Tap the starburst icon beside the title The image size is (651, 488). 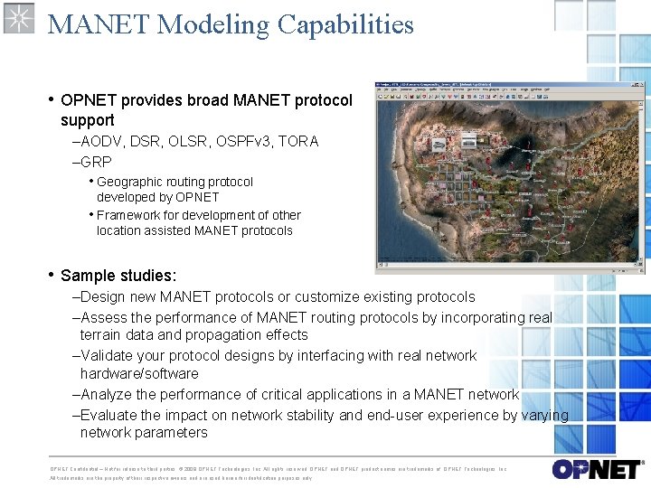click(x=19, y=18)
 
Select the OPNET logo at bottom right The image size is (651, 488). click(x=596, y=469)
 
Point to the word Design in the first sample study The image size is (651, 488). click(x=102, y=296)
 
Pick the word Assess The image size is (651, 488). click(x=104, y=317)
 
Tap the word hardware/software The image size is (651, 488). click(x=139, y=373)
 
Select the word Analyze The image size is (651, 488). click(x=107, y=394)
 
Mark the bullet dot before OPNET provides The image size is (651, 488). click(x=52, y=99)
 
